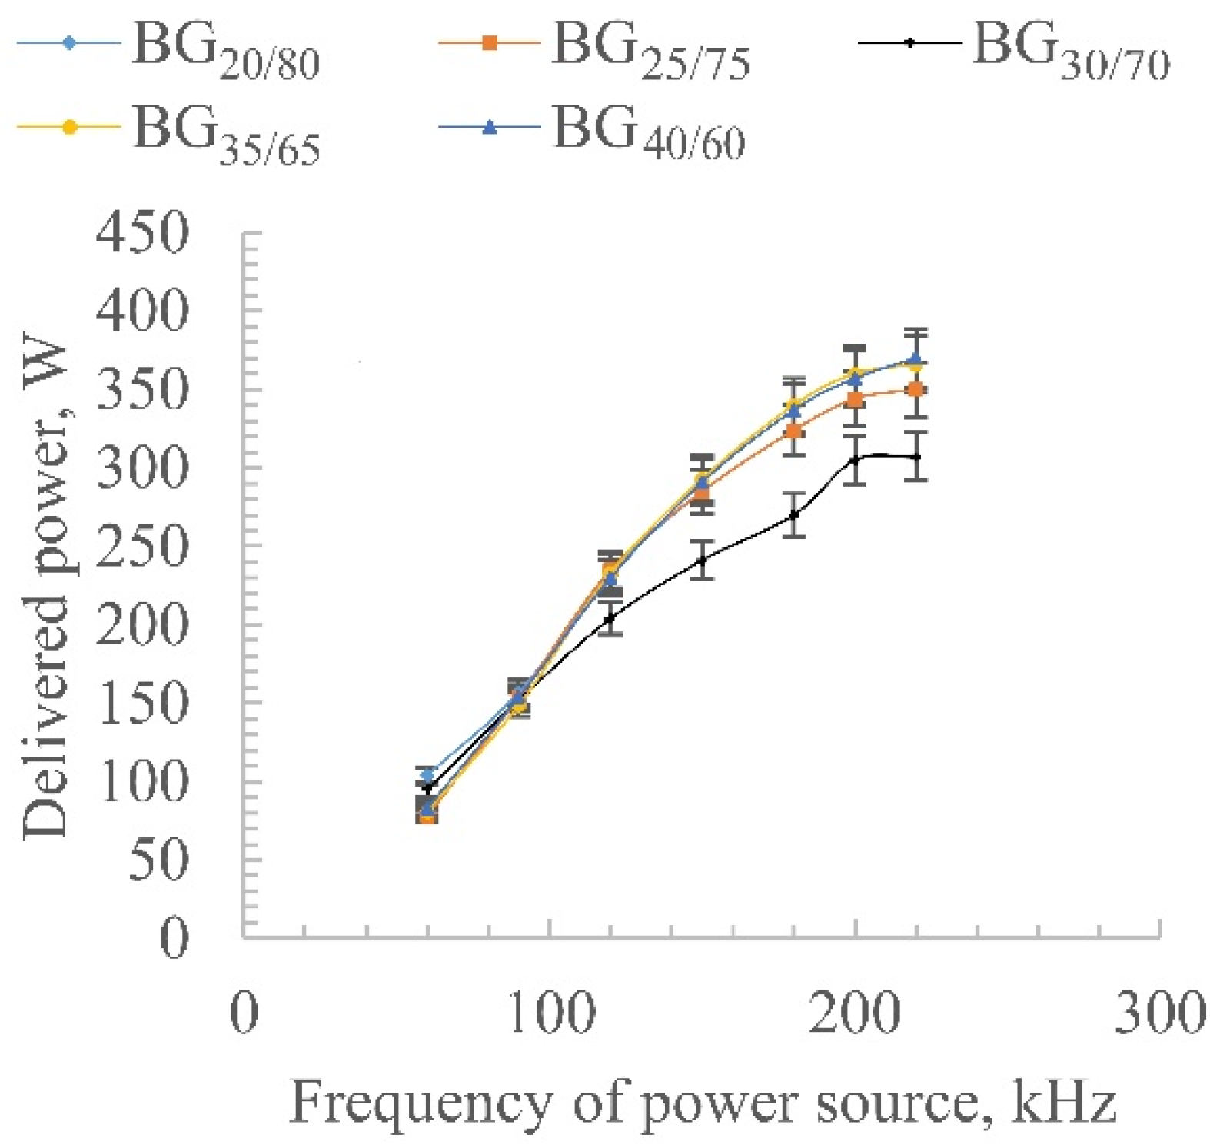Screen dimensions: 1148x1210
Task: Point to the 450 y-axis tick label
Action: click(142, 231)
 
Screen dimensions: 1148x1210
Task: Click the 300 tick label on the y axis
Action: click(142, 467)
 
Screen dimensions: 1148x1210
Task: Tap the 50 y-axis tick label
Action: click(158, 859)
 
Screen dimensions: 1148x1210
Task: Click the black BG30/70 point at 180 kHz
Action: click(794, 514)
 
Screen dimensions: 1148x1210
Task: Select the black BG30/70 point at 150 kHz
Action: click(701, 560)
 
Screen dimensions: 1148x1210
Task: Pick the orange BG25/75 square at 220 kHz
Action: click(915, 390)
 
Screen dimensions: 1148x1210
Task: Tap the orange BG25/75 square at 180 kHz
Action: click(794, 431)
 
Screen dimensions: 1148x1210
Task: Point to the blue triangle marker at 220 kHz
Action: click(915, 359)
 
